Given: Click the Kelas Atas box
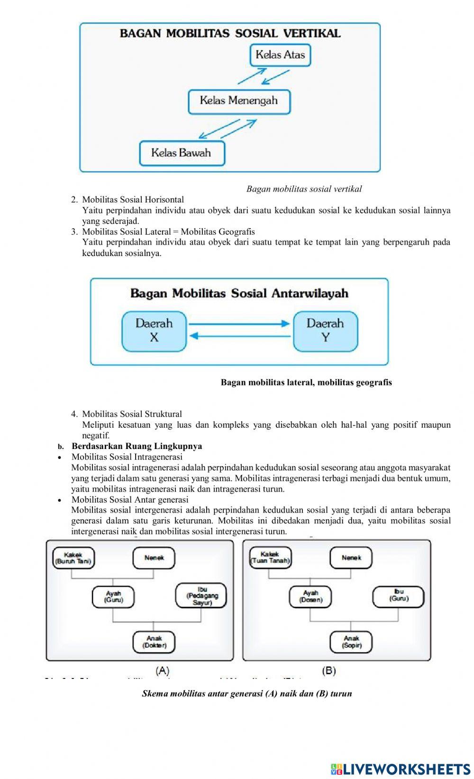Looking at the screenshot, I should coord(280,55).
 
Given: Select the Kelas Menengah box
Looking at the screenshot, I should coord(239,101).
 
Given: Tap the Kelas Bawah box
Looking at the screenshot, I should coord(182,153).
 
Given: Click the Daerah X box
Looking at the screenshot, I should coord(154,331).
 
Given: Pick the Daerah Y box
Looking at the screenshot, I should coord(325,331).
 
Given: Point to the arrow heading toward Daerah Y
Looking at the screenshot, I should coord(239,324).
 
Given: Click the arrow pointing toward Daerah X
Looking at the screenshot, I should coord(239,336).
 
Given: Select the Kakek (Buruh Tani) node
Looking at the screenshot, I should coord(73,558).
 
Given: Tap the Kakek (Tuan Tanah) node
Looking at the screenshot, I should coord(270,558).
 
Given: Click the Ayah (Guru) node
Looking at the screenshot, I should coord(113,596).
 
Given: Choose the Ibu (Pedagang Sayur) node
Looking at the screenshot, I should coord(201,596).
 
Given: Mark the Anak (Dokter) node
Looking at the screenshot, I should coord(154,642).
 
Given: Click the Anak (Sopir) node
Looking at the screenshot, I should coord(351,642).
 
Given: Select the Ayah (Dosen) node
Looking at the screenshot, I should coord(310,596).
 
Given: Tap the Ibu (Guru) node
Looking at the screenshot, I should coord(399,596).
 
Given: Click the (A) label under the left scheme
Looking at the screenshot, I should coord(163,671).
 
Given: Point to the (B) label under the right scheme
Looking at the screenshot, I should coord(329,671).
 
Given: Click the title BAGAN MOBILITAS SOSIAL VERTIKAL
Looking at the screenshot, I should coord(230,33).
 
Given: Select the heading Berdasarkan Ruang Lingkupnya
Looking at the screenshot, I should coord(137,446).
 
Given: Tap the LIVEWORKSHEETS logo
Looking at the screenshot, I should coord(401,769).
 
